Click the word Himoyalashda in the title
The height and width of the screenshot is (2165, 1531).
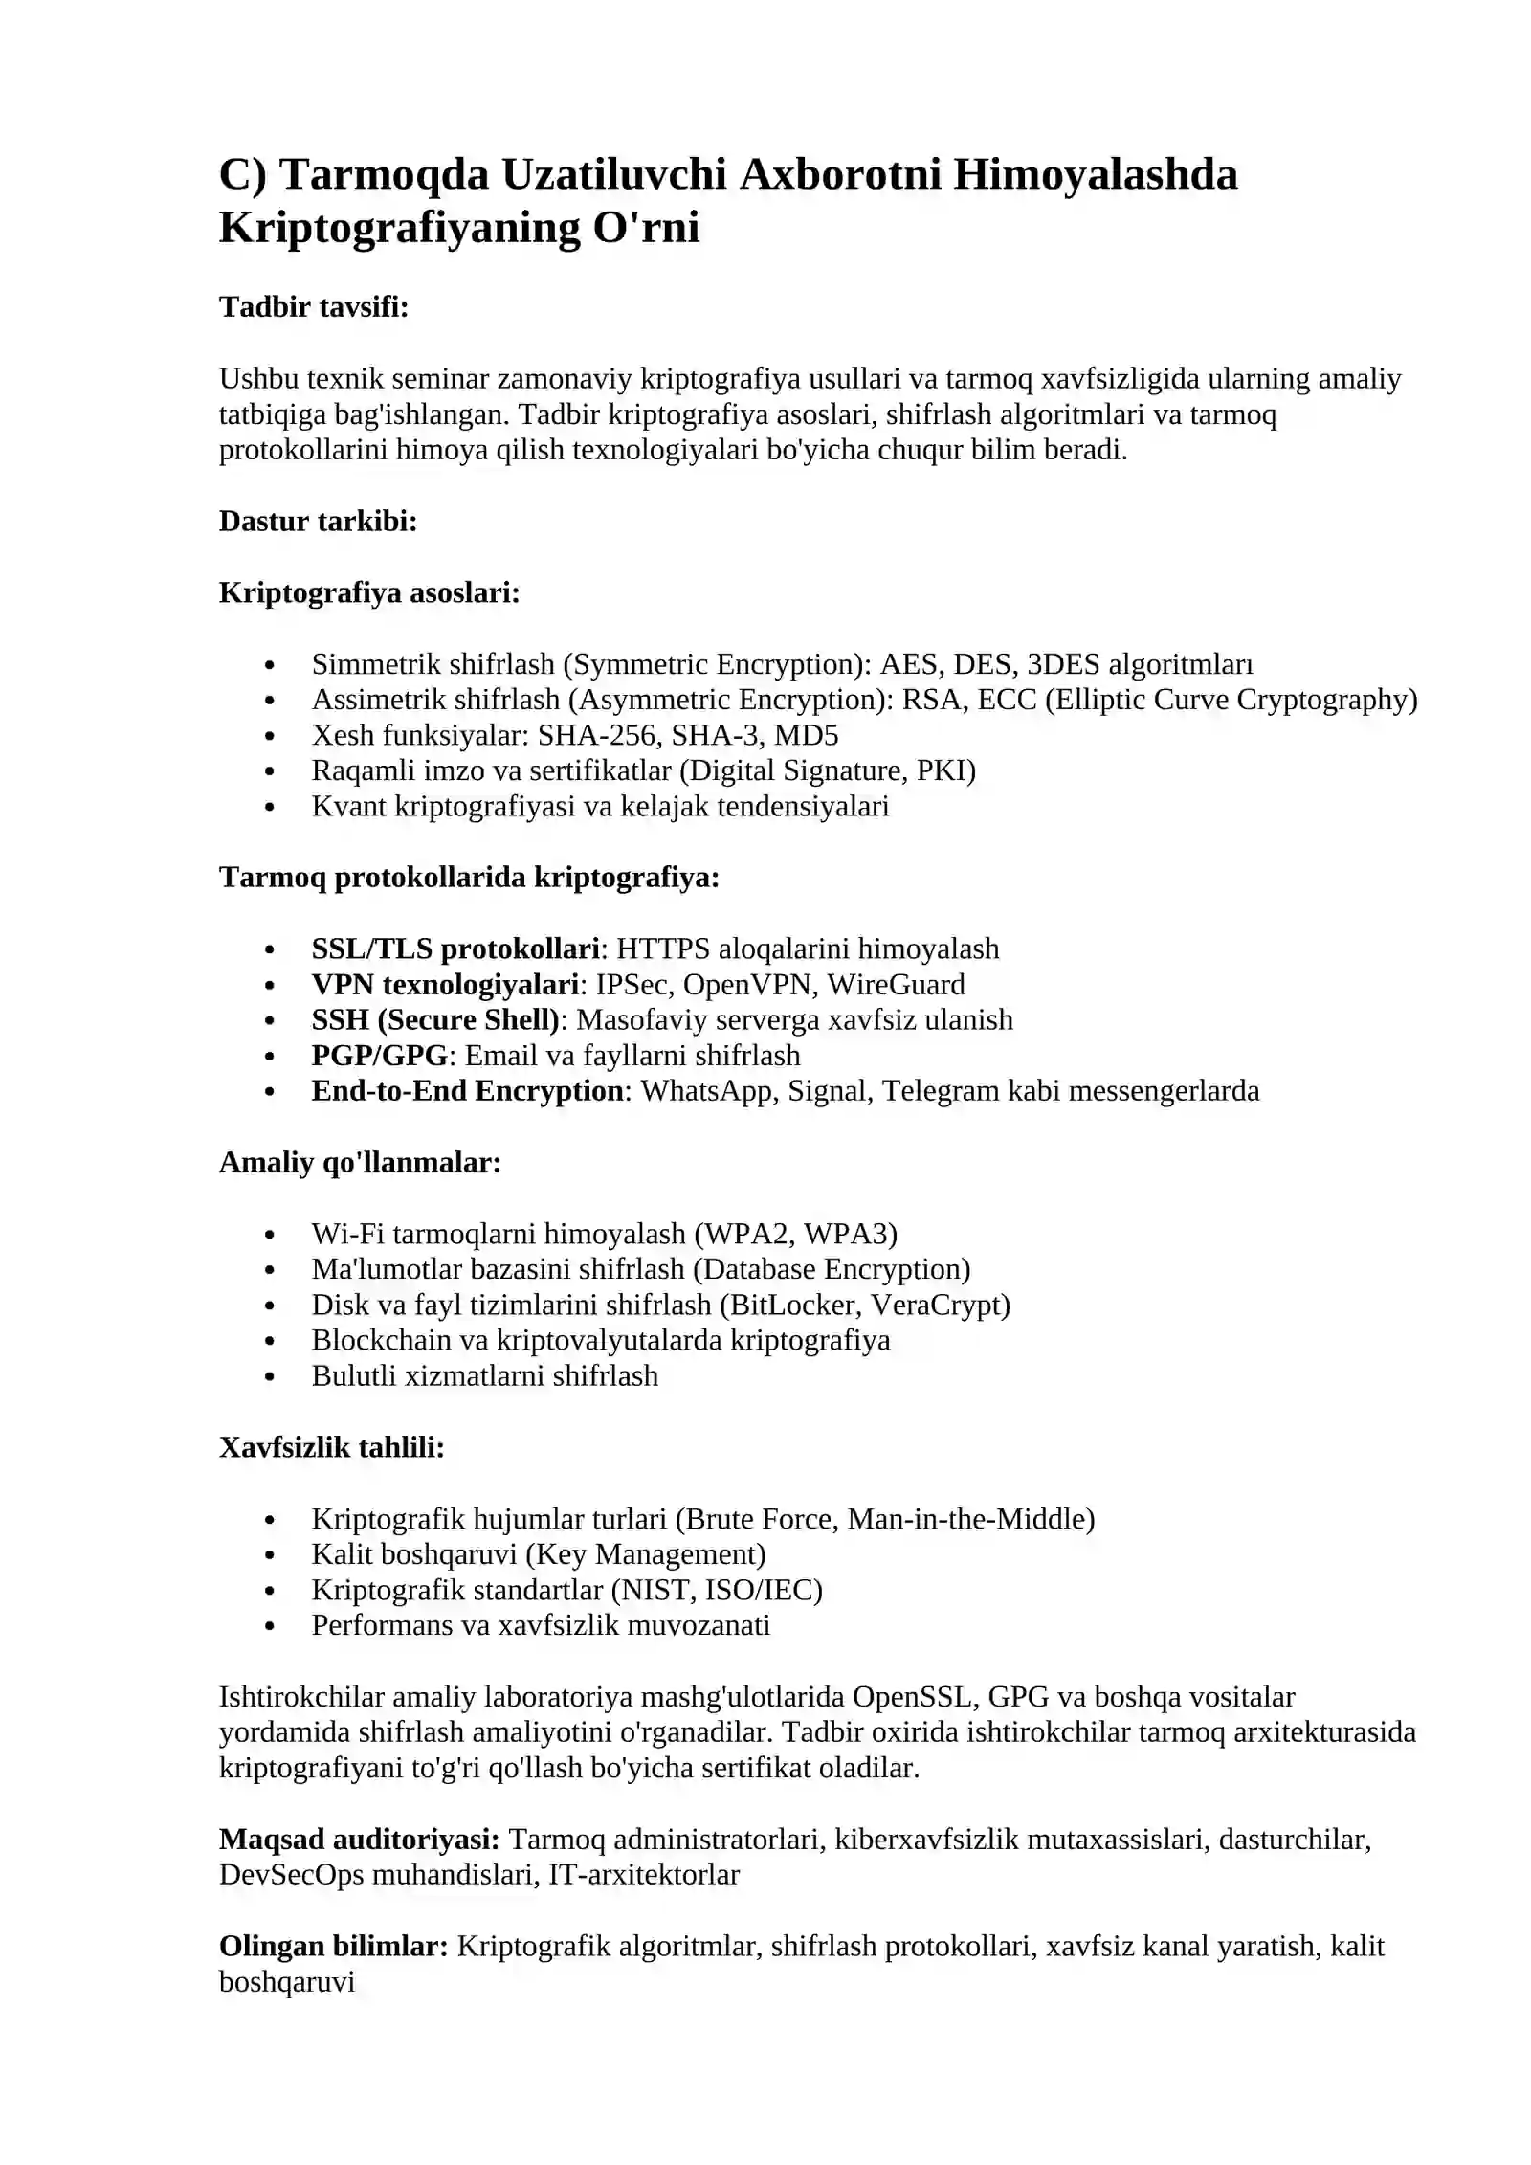pyautogui.click(x=1096, y=175)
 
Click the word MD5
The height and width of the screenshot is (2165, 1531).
pyautogui.click(x=807, y=735)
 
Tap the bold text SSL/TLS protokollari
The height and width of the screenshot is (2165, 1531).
pyautogui.click(x=455, y=949)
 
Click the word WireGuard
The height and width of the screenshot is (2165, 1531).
pyautogui.click(x=897, y=984)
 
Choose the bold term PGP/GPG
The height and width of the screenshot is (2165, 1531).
pyautogui.click(x=380, y=1056)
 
